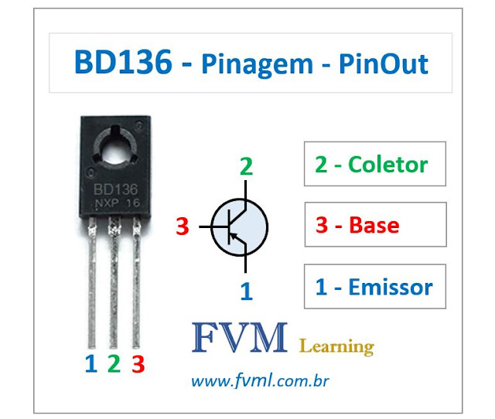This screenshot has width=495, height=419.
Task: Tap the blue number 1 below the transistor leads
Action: click(90, 363)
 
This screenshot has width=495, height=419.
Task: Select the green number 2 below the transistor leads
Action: click(114, 363)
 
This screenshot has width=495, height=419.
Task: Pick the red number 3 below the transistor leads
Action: click(138, 363)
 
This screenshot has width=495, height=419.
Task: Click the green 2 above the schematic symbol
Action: click(245, 167)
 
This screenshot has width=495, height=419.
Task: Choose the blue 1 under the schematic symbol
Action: click(246, 291)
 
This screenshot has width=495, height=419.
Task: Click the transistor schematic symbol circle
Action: click(240, 227)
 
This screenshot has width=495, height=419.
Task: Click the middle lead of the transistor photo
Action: click(114, 286)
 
